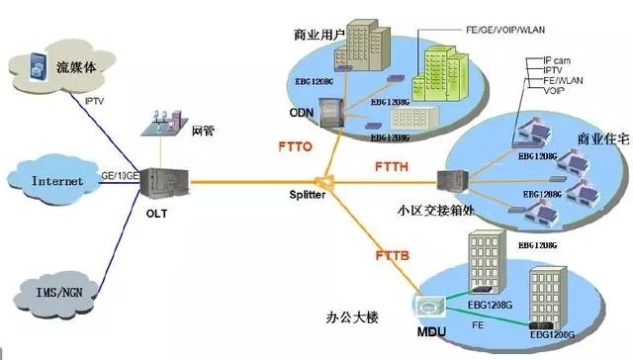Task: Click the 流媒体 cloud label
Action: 76,68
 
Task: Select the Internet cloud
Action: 57,182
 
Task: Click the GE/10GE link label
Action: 118,174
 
